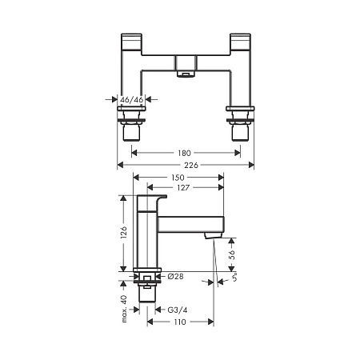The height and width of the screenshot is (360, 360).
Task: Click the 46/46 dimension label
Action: tap(130, 100)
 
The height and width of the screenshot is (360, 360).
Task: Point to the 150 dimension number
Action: tap(178, 178)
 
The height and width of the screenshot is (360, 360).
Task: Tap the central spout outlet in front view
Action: tap(186, 73)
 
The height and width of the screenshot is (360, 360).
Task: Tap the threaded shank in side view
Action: tap(149, 294)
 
